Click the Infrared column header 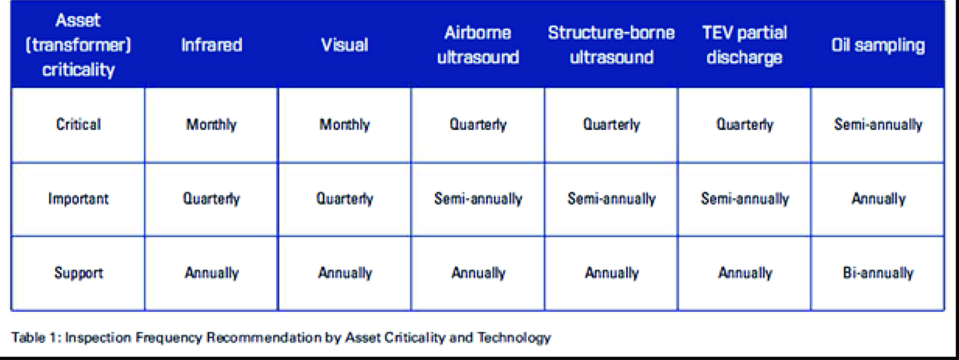[212, 45]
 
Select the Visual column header [345, 45]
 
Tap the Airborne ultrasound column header [478, 45]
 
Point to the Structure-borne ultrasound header [611, 45]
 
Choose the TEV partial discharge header [744, 45]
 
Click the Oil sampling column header [877, 46]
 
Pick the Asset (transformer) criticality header [79, 45]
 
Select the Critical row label [79, 125]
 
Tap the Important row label [79, 199]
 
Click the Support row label [79, 273]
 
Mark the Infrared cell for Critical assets [211, 125]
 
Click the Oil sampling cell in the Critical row [878, 125]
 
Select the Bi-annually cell [878, 273]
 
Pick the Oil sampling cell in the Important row [878, 199]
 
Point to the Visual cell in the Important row [345, 199]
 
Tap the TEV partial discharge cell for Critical [744, 125]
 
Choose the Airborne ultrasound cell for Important [478, 199]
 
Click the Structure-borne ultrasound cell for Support [612, 273]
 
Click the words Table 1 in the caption [35, 338]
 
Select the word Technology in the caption [514, 338]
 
